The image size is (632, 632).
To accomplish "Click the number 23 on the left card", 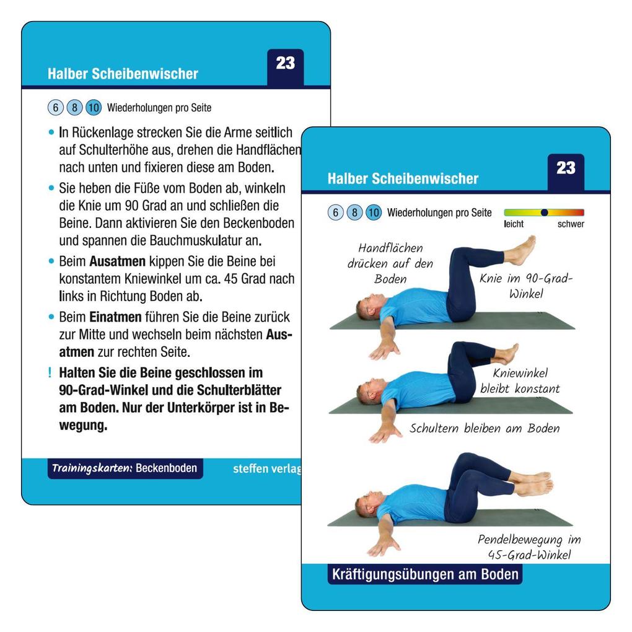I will click(x=285, y=63).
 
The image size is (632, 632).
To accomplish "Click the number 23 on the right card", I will click(x=565, y=168).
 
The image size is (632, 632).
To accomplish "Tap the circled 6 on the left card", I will click(x=55, y=108).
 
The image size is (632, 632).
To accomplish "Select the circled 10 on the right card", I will click(x=373, y=213).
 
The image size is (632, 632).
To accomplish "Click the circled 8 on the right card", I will click(x=354, y=213).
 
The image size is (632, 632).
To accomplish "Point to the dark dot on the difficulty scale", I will click(x=544, y=213).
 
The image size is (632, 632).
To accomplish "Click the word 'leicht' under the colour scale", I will click(x=514, y=224).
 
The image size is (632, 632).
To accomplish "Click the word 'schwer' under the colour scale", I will click(x=570, y=224).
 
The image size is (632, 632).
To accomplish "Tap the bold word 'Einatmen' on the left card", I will click(x=107, y=317).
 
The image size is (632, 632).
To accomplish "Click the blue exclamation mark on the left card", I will click(x=49, y=373).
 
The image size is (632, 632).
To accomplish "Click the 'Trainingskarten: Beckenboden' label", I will click(x=125, y=468).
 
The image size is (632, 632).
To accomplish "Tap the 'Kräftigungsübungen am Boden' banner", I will click(x=424, y=574).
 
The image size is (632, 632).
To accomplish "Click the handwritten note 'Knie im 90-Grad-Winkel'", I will click(x=526, y=286).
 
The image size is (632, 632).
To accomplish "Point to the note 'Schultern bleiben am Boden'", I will click(x=484, y=428).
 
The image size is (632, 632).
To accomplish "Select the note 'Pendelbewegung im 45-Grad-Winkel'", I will click(x=529, y=547).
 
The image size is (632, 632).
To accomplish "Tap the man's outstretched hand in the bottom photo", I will click(x=380, y=547).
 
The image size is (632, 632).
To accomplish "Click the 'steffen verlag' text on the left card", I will click(x=266, y=469).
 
